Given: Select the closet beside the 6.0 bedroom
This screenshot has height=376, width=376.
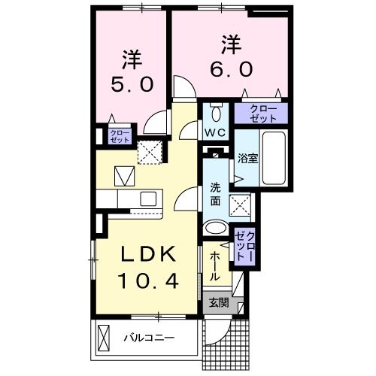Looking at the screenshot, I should point(259,113).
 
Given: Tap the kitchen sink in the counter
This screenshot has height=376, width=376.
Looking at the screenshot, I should point(147,199).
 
